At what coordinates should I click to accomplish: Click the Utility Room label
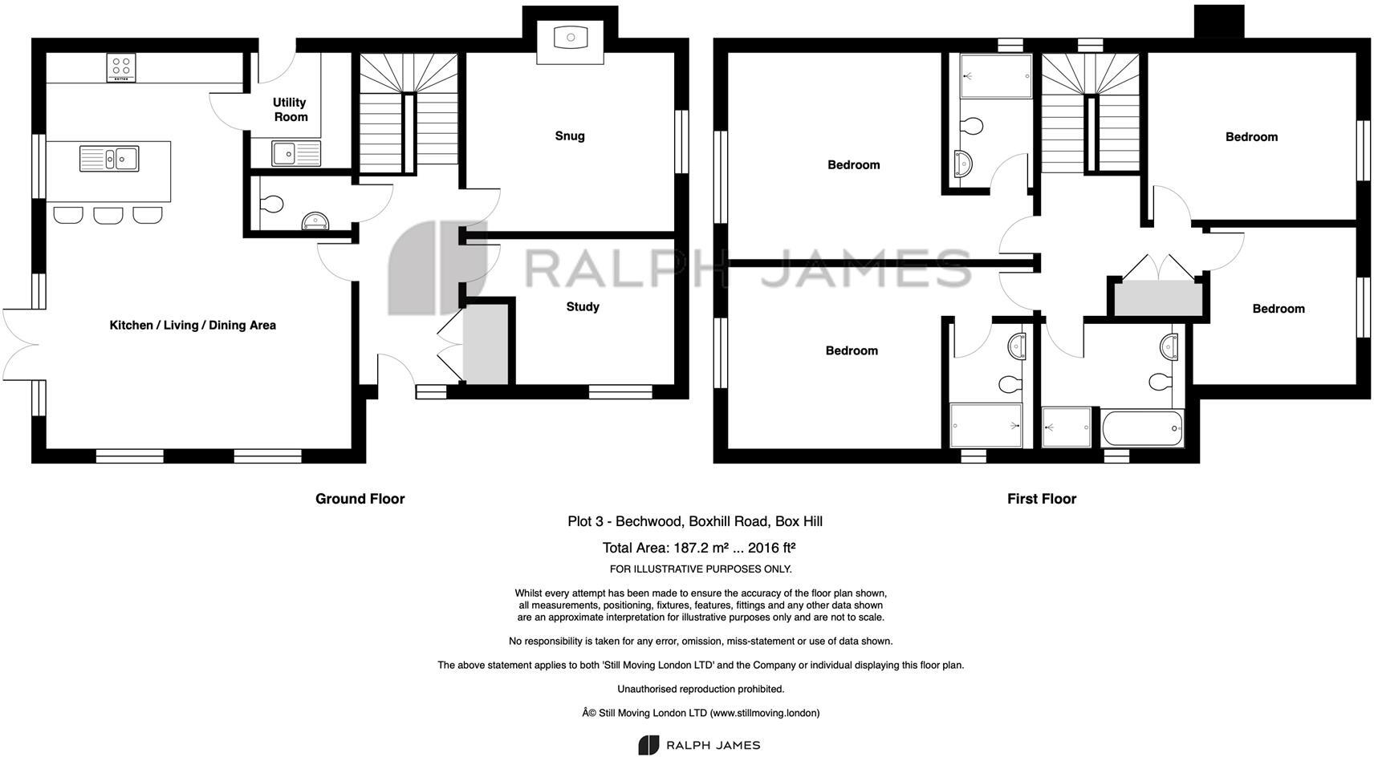pos(290,109)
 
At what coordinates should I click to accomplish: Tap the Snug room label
pos(570,136)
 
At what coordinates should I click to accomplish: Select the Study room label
pos(583,306)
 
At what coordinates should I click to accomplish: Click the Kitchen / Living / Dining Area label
pos(193,325)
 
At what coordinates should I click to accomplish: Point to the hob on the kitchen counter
pos(121,67)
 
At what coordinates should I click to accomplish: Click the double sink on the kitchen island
pos(109,158)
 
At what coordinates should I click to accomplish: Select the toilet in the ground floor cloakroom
pos(271,204)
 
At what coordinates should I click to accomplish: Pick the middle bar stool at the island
pos(108,215)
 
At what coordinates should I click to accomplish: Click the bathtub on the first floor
pos(1143,428)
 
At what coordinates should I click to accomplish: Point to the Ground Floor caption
pos(360,499)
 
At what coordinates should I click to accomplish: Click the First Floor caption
pos(1042,499)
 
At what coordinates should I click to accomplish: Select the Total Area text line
pos(698,549)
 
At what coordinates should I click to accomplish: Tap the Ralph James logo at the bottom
pos(699,745)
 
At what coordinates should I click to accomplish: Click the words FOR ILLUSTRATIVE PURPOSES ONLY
pos(701,569)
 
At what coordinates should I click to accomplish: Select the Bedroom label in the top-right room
pos(1251,137)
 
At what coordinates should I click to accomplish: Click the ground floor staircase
pos(409,112)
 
